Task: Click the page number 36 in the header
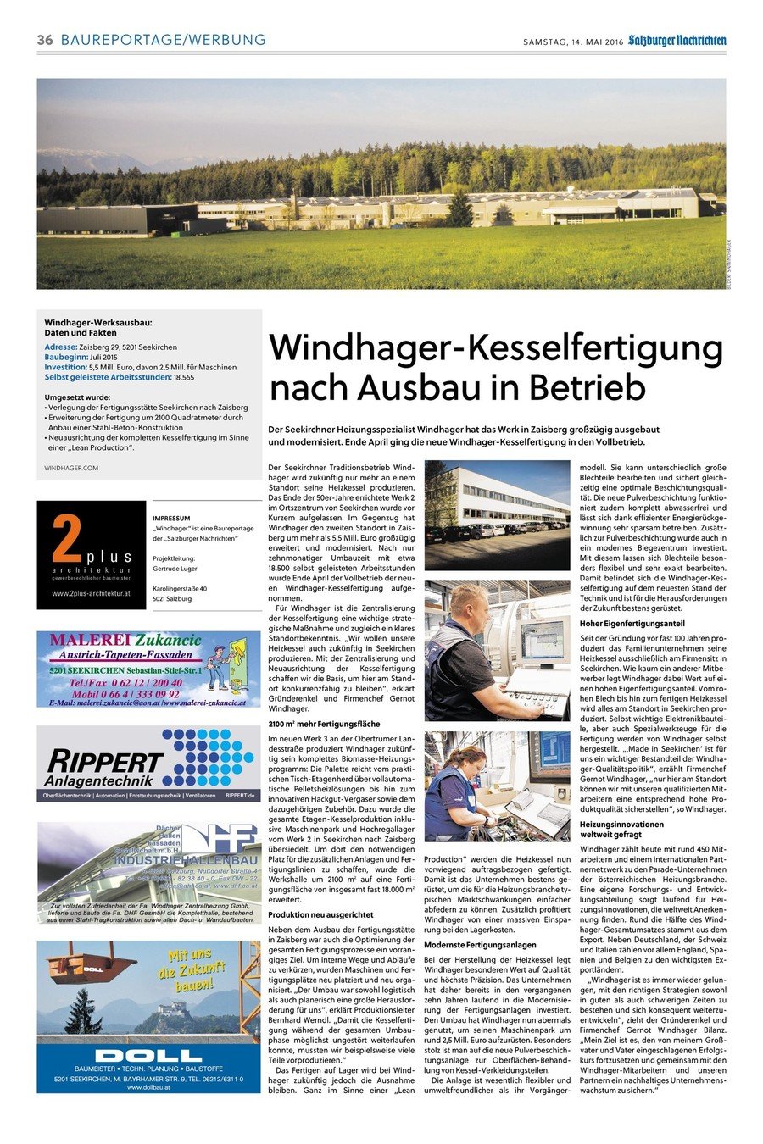(45, 40)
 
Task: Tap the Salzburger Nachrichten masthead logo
(677, 40)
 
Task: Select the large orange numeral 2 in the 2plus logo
(66, 539)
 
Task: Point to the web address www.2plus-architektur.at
(92, 593)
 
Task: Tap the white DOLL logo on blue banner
(148, 1055)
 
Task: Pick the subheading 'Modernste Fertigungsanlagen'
(480, 945)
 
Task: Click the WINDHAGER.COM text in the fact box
(71, 468)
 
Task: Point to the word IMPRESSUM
(171, 518)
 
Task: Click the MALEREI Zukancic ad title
(125, 640)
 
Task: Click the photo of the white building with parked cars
(497, 514)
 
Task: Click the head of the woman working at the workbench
(468, 760)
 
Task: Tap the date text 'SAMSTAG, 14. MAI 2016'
(573, 41)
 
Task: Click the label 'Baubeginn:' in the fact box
(65, 357)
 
